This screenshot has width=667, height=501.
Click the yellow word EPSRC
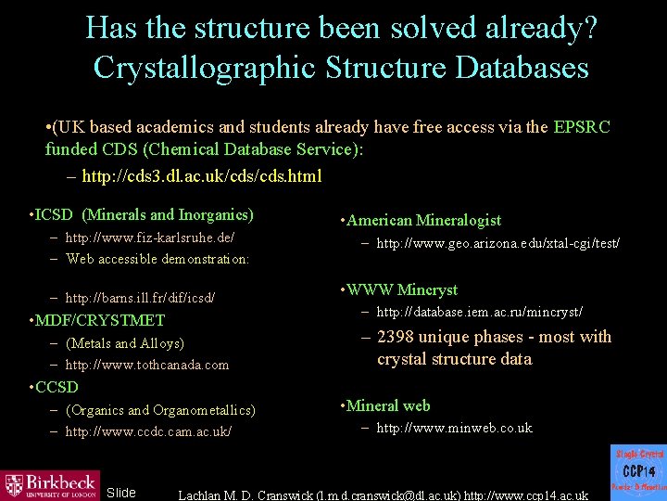pos(582,127)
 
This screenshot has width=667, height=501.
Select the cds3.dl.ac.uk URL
pos(202,175)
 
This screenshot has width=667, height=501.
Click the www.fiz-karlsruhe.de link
pos(150,238)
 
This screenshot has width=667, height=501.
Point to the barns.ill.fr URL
pos(140,298)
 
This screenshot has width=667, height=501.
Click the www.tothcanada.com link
pos(147,365)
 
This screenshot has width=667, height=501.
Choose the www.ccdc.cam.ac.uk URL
pos(149,431)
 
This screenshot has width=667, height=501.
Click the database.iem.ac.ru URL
pos(479,311)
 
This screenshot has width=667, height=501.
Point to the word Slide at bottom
pos(121,493)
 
